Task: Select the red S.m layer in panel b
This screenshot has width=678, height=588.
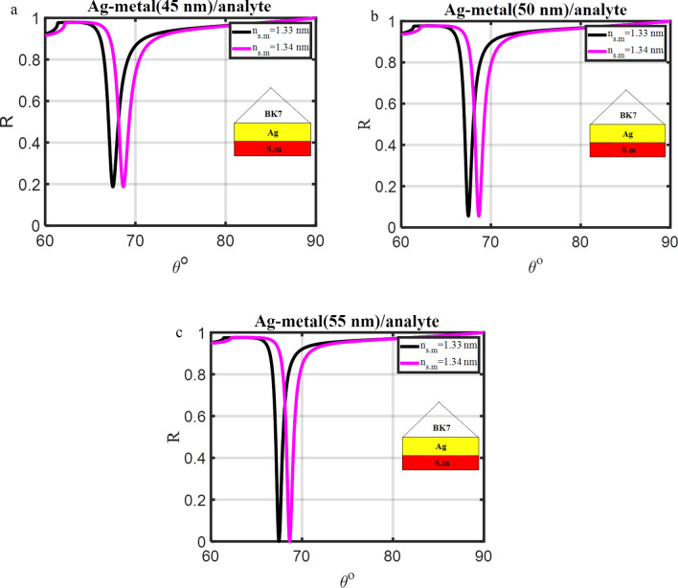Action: pyautogui.click(x=627, y=150)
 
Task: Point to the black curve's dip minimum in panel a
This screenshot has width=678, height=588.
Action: pyautogui.click(x=113, y=186)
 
